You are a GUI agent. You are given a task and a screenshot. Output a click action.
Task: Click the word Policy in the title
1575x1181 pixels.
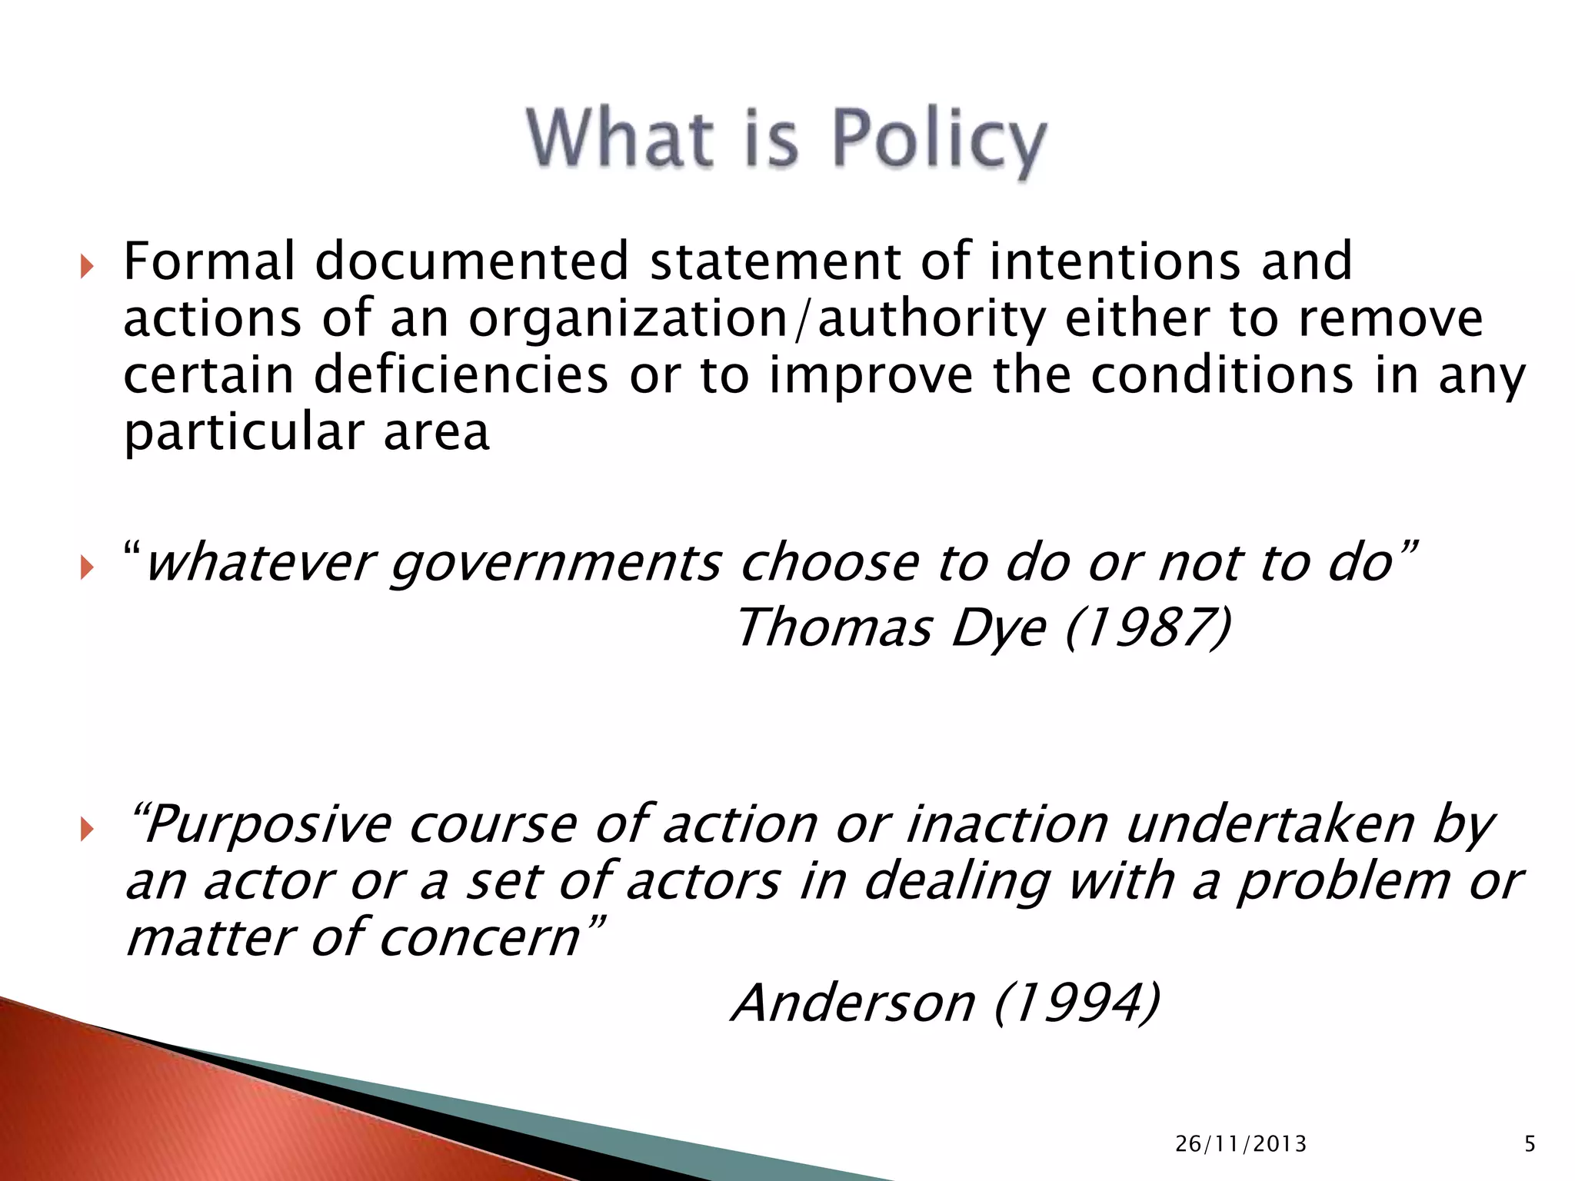(x=939, y=140)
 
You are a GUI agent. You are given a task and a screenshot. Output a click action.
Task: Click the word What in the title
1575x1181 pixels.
(x=619, y=138)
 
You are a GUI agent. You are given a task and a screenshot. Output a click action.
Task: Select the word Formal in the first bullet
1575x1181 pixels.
(x=209, y=261)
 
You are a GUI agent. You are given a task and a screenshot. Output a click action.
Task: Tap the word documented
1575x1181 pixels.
(x=472, y=261)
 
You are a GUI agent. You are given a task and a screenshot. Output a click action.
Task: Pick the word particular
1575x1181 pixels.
(x=242, y=434)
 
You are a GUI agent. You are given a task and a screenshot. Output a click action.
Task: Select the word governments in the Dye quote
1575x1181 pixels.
(x=555, y=563)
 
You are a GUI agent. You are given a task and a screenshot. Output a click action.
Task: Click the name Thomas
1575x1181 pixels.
(x=834, y=628)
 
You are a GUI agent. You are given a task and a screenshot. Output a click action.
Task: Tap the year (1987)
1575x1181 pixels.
(x=1148, y=628)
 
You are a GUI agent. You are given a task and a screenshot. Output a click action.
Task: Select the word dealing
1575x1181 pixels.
(x=957, y=882)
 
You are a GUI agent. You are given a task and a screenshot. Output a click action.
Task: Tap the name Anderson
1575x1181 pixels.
(x=853, y=1003)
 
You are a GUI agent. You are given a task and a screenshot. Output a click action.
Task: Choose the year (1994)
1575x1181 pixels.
(x=1077, y=1003)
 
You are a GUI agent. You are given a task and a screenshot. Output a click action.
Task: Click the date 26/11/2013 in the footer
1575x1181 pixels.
(x=1240, y=1144)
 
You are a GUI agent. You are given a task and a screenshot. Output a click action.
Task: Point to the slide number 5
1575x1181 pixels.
(x=1530, y=1144)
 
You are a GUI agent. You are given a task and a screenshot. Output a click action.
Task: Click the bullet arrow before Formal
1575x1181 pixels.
(x=86, y=268)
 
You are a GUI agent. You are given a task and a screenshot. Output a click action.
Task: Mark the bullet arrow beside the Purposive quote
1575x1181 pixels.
(x=86, y=830)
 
